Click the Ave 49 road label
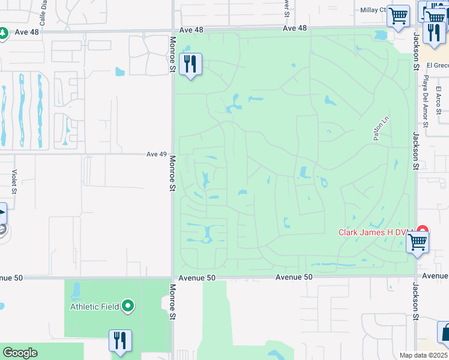point(156,154)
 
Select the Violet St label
point(13,181)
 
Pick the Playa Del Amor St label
point(424,101)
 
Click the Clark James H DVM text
point(377,232)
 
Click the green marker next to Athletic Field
point(127,307)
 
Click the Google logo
point(19,353)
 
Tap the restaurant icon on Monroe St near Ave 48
point(190,64)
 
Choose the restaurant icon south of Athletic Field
point(120,340)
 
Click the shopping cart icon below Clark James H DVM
point(417,243)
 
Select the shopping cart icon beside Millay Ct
point(398,17)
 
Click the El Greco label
point(438,65)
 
